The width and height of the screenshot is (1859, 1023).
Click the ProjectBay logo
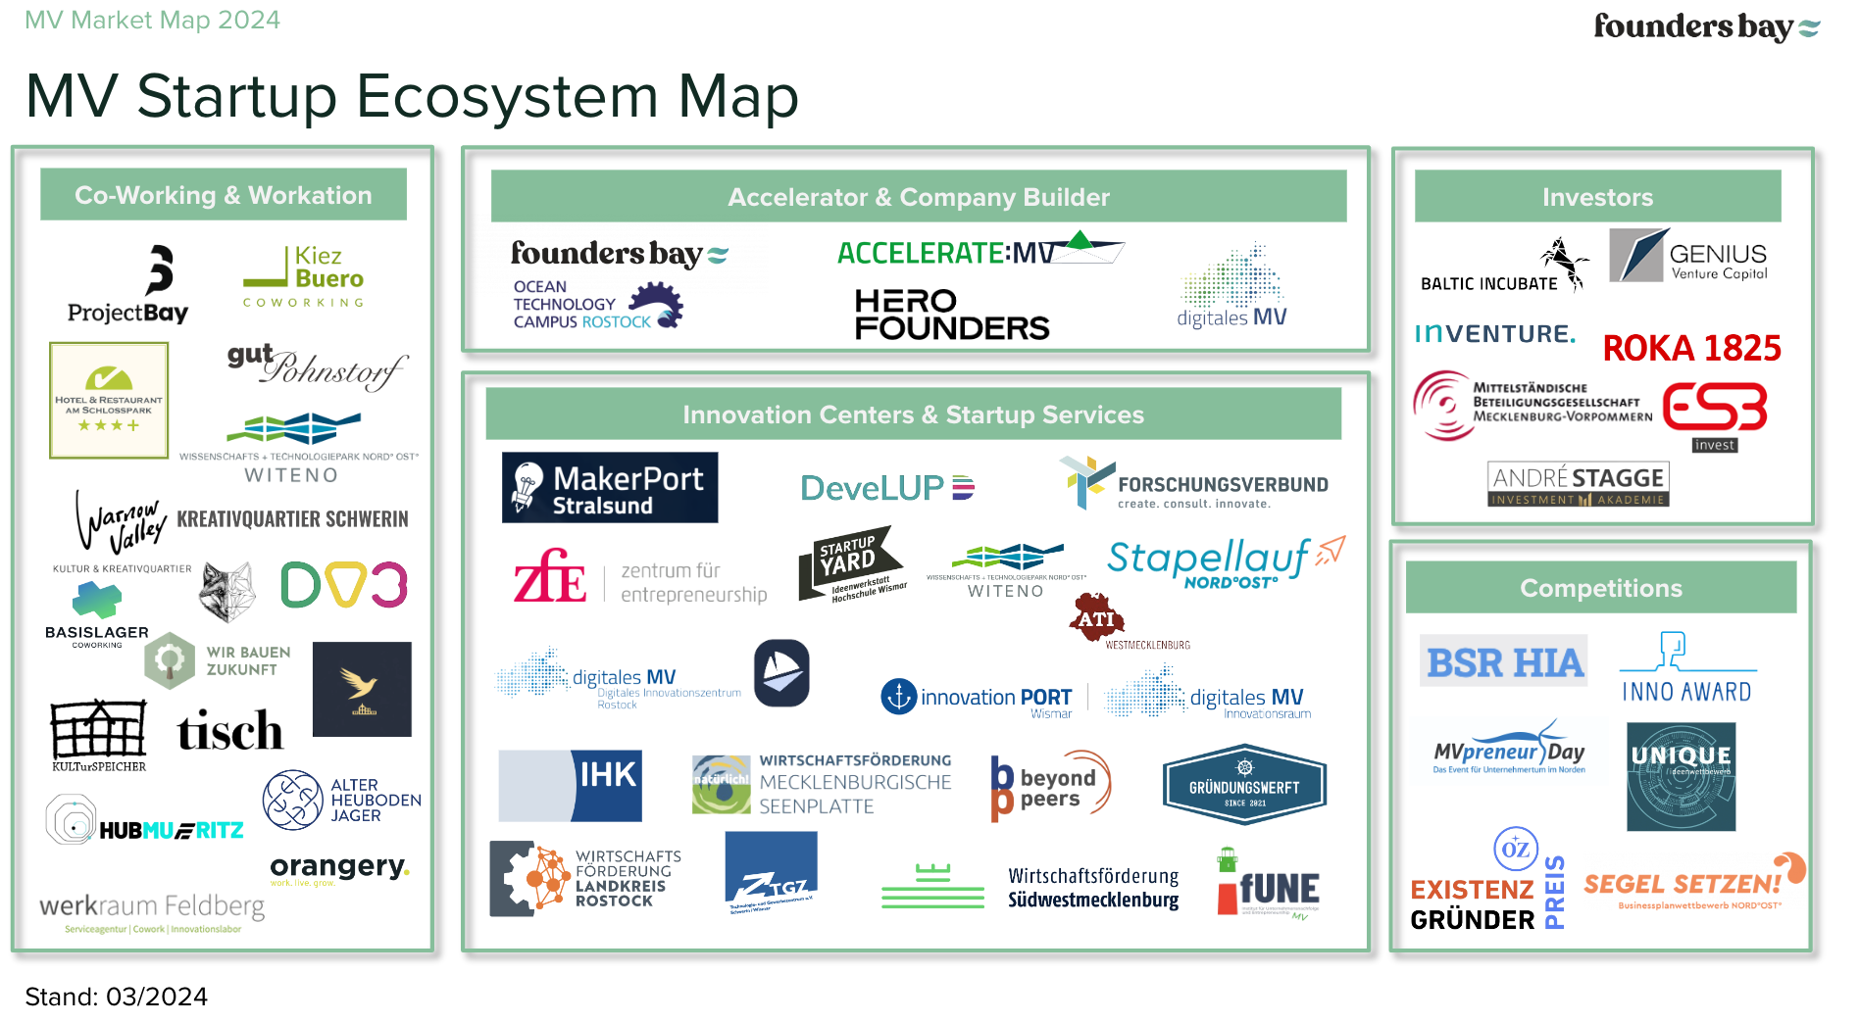(x=128, y=285)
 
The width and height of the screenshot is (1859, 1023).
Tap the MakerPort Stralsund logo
(x=610, y=488)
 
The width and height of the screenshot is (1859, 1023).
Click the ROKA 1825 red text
(x=1691, y=348)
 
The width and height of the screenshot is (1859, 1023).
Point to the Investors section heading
(x=1597, y=197)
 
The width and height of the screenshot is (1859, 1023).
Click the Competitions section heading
(x=1600, y=588)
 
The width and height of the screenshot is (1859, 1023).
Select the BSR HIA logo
(x=1504, y=662)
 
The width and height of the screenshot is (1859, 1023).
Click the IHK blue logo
(x=571, y=785)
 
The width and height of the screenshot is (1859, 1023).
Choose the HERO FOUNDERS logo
(x=951, y=315)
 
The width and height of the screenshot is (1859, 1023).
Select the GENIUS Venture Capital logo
(x=1687, y=257)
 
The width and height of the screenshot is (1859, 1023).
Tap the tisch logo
(x=229, y=731)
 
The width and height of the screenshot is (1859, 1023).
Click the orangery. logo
(x=338, y=868)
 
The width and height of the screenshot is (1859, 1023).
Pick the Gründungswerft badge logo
(x=1244, y=786)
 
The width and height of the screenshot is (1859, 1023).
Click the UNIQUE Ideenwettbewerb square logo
(x=1681, y=777)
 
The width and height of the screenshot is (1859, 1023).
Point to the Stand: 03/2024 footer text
(x=116, y=997)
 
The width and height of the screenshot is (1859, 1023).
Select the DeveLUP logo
(x=886, y=488)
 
